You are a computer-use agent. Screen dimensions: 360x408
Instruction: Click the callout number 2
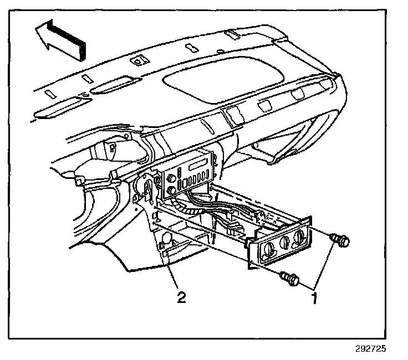click(181, 297)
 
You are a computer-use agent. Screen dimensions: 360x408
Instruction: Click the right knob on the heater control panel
click(299, 236)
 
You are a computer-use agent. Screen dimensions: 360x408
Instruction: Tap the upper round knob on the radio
click(171, 178)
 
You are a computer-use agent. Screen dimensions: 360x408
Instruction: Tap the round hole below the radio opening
click(164, 242)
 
